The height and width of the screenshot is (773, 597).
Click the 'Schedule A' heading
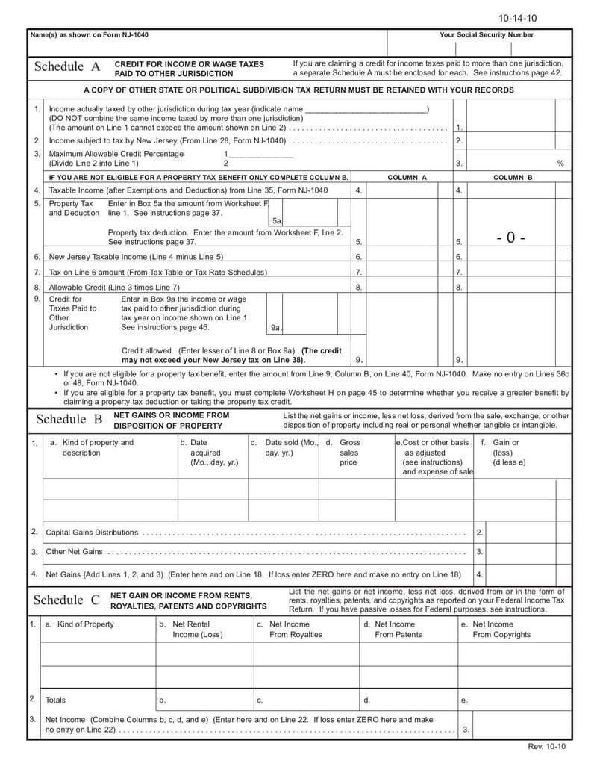pos(67,67)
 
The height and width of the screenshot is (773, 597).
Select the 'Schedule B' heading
pos(69,420)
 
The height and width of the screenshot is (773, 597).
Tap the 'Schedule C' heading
pos(67,600)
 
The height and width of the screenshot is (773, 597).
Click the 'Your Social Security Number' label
pos(487,35)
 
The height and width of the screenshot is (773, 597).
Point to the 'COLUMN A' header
pos(407,178)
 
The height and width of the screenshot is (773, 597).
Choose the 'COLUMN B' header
pos(513,178)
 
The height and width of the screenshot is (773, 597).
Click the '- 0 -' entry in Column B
pos(510,238)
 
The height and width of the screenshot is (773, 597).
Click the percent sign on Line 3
pos(560,163)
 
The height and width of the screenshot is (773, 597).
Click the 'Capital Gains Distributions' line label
pos(92,533)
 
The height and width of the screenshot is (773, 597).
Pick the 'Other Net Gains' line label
pos(74,552)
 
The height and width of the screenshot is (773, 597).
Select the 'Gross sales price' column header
pos(348,453)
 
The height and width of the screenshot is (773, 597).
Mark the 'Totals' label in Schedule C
pos(55,700)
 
